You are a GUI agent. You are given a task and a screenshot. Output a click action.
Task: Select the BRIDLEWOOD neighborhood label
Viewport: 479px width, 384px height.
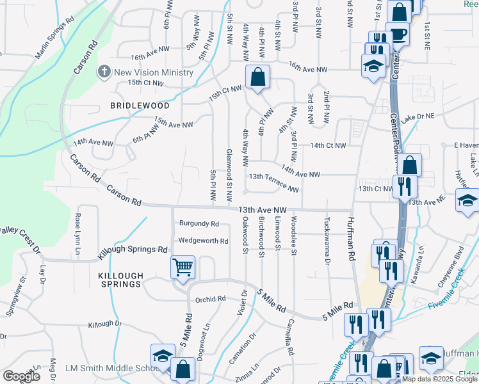click(140, 106)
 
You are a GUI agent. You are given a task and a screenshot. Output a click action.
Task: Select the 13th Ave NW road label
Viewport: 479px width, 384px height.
click(258, 210)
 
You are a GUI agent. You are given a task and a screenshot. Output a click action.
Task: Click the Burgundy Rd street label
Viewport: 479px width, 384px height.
click(199, 224)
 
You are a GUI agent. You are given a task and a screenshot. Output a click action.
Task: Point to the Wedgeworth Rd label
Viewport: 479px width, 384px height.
click(203, 241)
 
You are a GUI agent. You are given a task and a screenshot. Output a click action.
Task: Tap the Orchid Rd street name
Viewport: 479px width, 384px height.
click(211, 299)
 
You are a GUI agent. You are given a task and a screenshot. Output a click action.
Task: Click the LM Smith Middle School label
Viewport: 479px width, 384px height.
click(108, 369)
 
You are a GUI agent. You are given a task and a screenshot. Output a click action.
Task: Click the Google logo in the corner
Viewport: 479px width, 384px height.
click(21, 376)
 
